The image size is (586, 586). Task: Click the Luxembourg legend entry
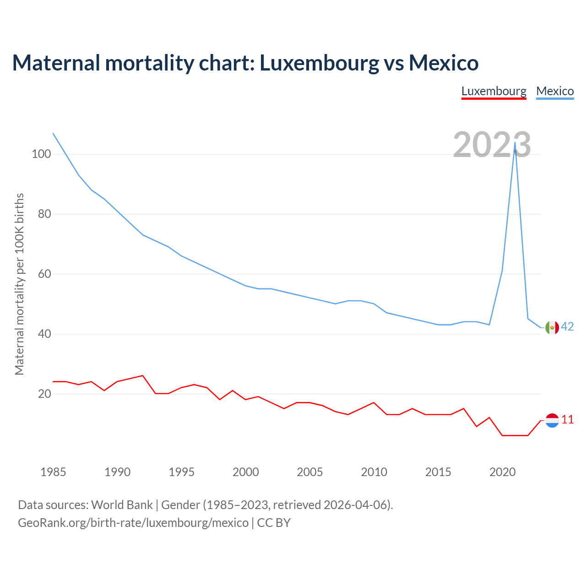click(494, 91)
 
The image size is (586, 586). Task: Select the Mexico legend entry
click(555, 91)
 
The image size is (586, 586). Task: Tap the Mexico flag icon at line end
click(552, 327)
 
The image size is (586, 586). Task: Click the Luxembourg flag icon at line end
click(552, 420)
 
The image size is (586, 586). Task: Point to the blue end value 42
click(567, 326)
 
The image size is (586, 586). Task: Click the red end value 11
click(567, 419)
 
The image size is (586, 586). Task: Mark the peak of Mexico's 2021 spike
click(515, 142)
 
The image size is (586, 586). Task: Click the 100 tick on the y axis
click(41, 154)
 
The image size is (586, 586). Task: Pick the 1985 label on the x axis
click(53, 472)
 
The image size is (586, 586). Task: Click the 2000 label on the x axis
click(246, 472)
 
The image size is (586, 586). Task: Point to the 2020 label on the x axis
click(502, 472)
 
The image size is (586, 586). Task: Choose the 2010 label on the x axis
click(374, 472)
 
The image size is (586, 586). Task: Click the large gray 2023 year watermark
click(492, 145)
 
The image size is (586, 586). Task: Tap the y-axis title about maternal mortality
click(19, 284)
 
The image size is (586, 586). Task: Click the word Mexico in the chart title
click(444, 63)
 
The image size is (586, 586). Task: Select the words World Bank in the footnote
click(122, 505)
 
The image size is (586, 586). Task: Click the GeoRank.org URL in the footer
click(133, 523)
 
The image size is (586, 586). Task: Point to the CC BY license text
click(274, 523)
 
